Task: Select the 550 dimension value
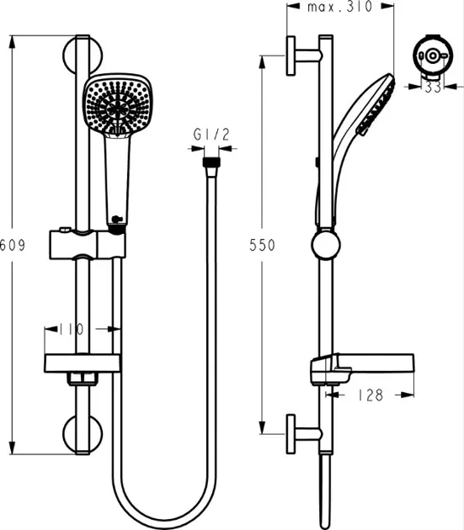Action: click(264, 245)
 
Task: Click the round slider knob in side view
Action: click(323, 246)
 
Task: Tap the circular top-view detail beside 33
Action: click(429, 56)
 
